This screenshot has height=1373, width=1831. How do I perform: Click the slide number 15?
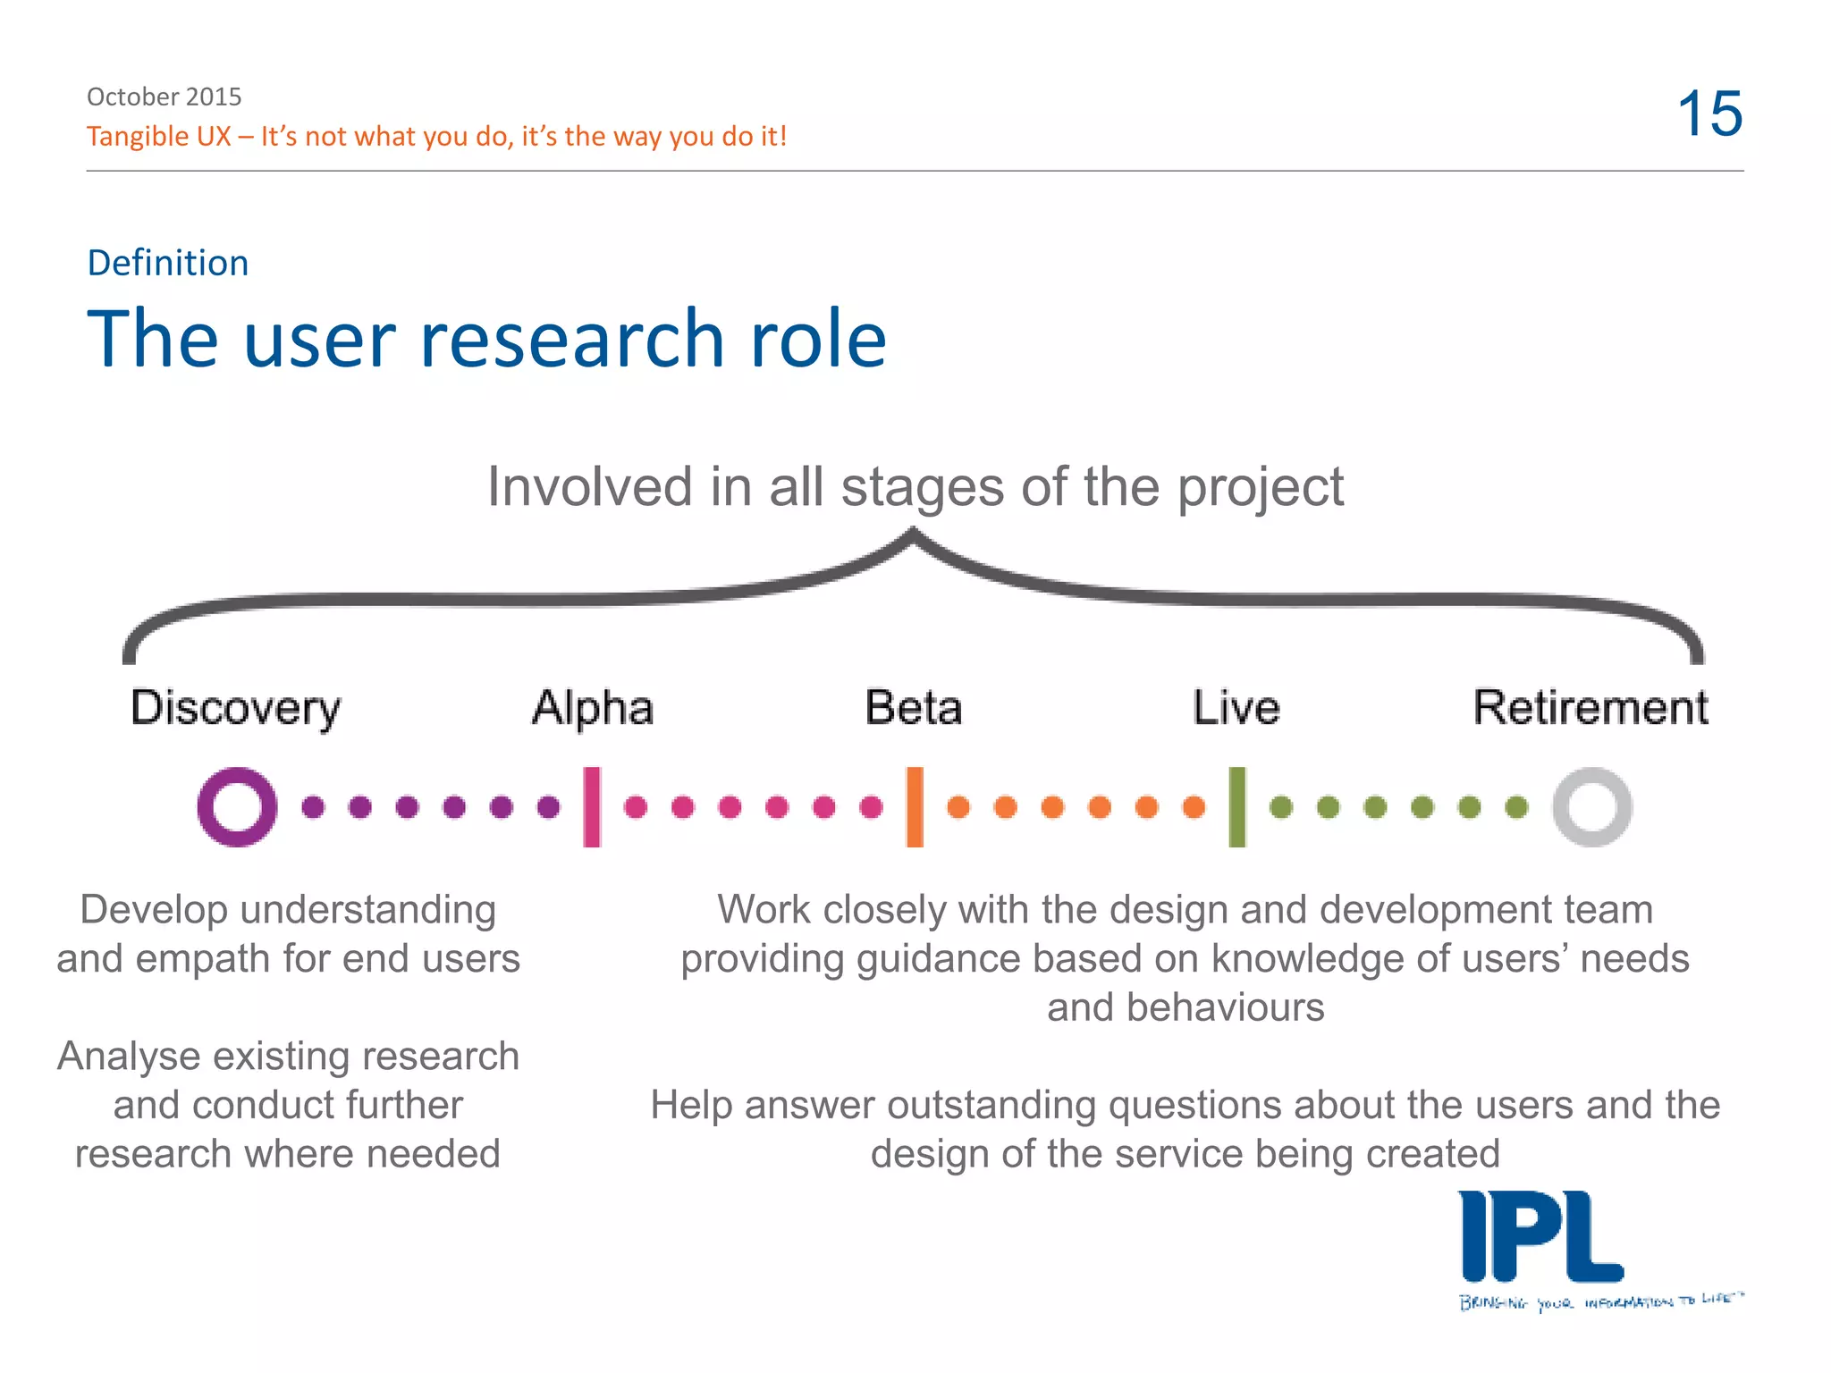pos(1709,114)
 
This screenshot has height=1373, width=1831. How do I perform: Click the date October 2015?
pos(164,97)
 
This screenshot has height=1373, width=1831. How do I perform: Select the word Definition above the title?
pos(168,263)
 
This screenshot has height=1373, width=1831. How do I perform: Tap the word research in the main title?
pos(572,340)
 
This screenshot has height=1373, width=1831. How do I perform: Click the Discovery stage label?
pos(235,709)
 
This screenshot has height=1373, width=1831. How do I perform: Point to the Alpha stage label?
pos(593,708)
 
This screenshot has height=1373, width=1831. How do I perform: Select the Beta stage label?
pos(914,708)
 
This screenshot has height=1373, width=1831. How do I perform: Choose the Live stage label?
pos(1236,708)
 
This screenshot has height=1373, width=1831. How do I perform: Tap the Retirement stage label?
pos(1591,708)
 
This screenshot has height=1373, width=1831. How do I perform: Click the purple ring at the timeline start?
pos(237,807)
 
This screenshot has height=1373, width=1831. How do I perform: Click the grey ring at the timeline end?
pos(1591,807)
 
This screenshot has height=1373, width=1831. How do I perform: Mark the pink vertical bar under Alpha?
pos(592,807)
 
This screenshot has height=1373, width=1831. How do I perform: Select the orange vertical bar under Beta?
pos(915,807)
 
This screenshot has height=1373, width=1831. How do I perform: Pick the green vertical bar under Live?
pos(1237,807)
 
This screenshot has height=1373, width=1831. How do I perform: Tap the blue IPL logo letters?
pos(1540,1238)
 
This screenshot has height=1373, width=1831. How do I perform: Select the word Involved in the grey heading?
pos(589,487)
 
